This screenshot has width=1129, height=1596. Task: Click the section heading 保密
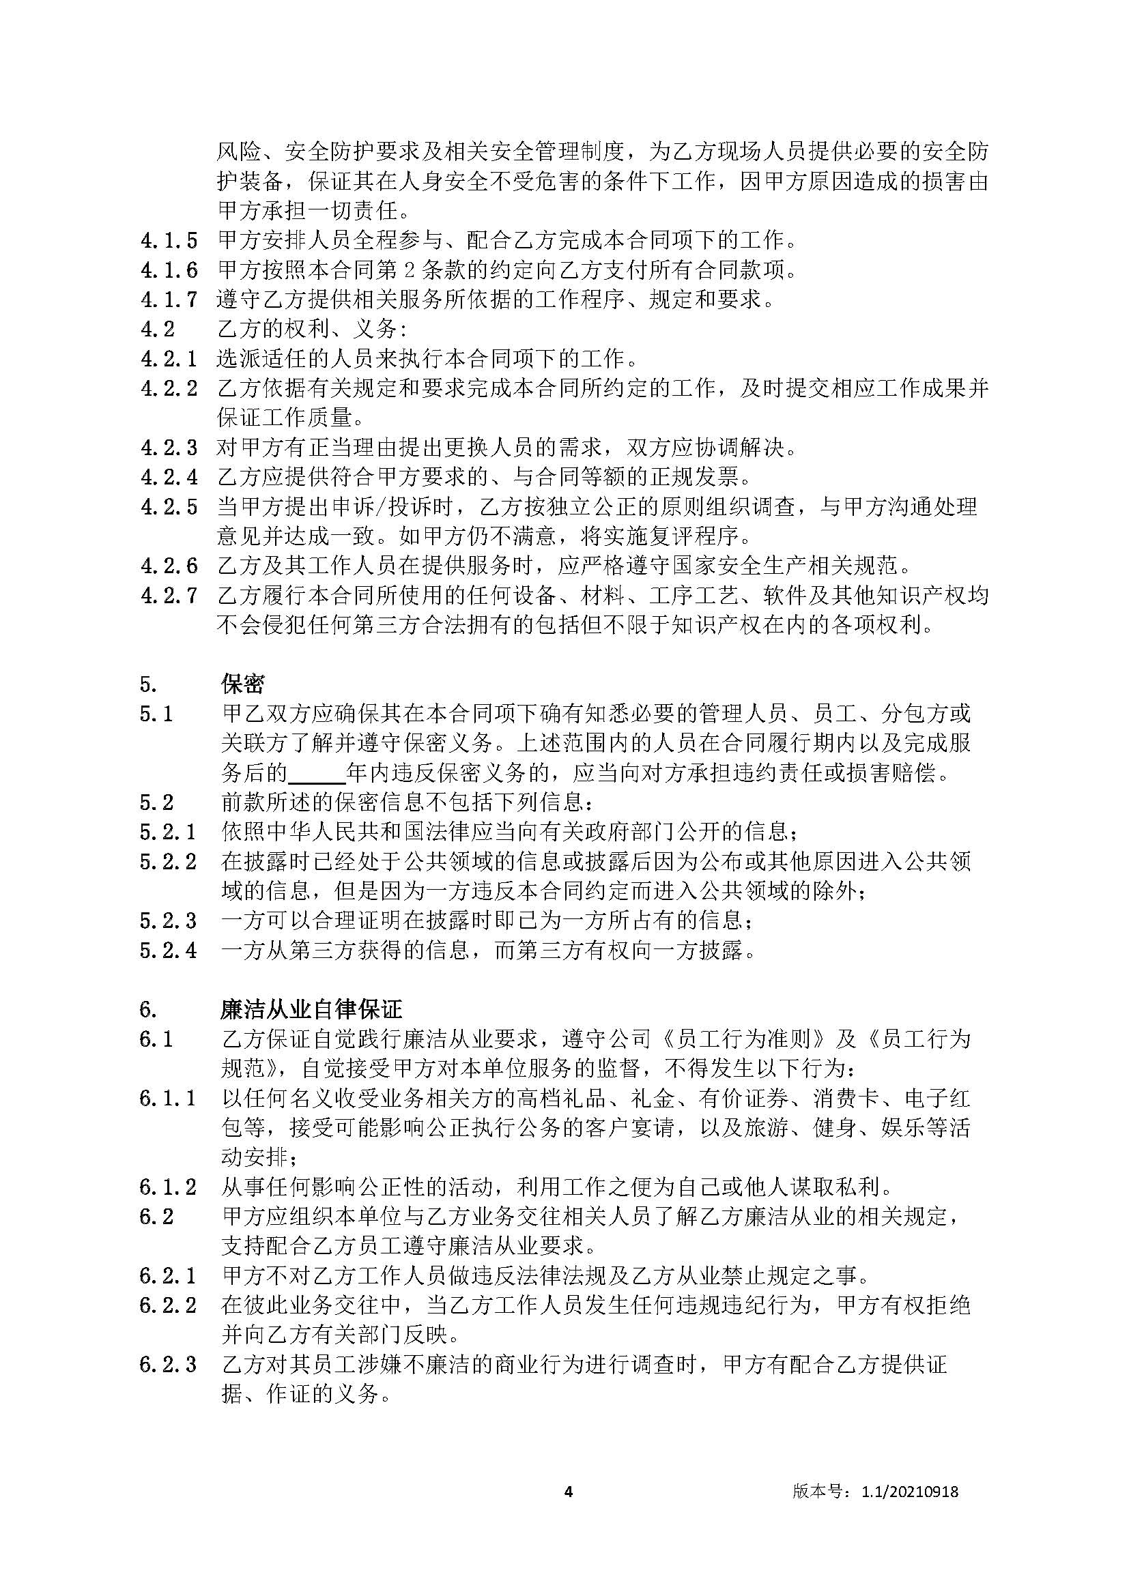(242, 684)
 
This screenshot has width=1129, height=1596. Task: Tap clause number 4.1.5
(169, 240)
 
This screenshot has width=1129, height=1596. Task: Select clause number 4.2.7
(169, 596)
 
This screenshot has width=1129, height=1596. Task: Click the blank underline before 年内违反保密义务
(316, 773)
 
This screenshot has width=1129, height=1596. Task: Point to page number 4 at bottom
(568, 1491)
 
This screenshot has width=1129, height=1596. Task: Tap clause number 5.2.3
(168, 921)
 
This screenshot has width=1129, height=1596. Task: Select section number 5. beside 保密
(149, 684)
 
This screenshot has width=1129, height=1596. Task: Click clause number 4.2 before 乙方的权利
(157, 330)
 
